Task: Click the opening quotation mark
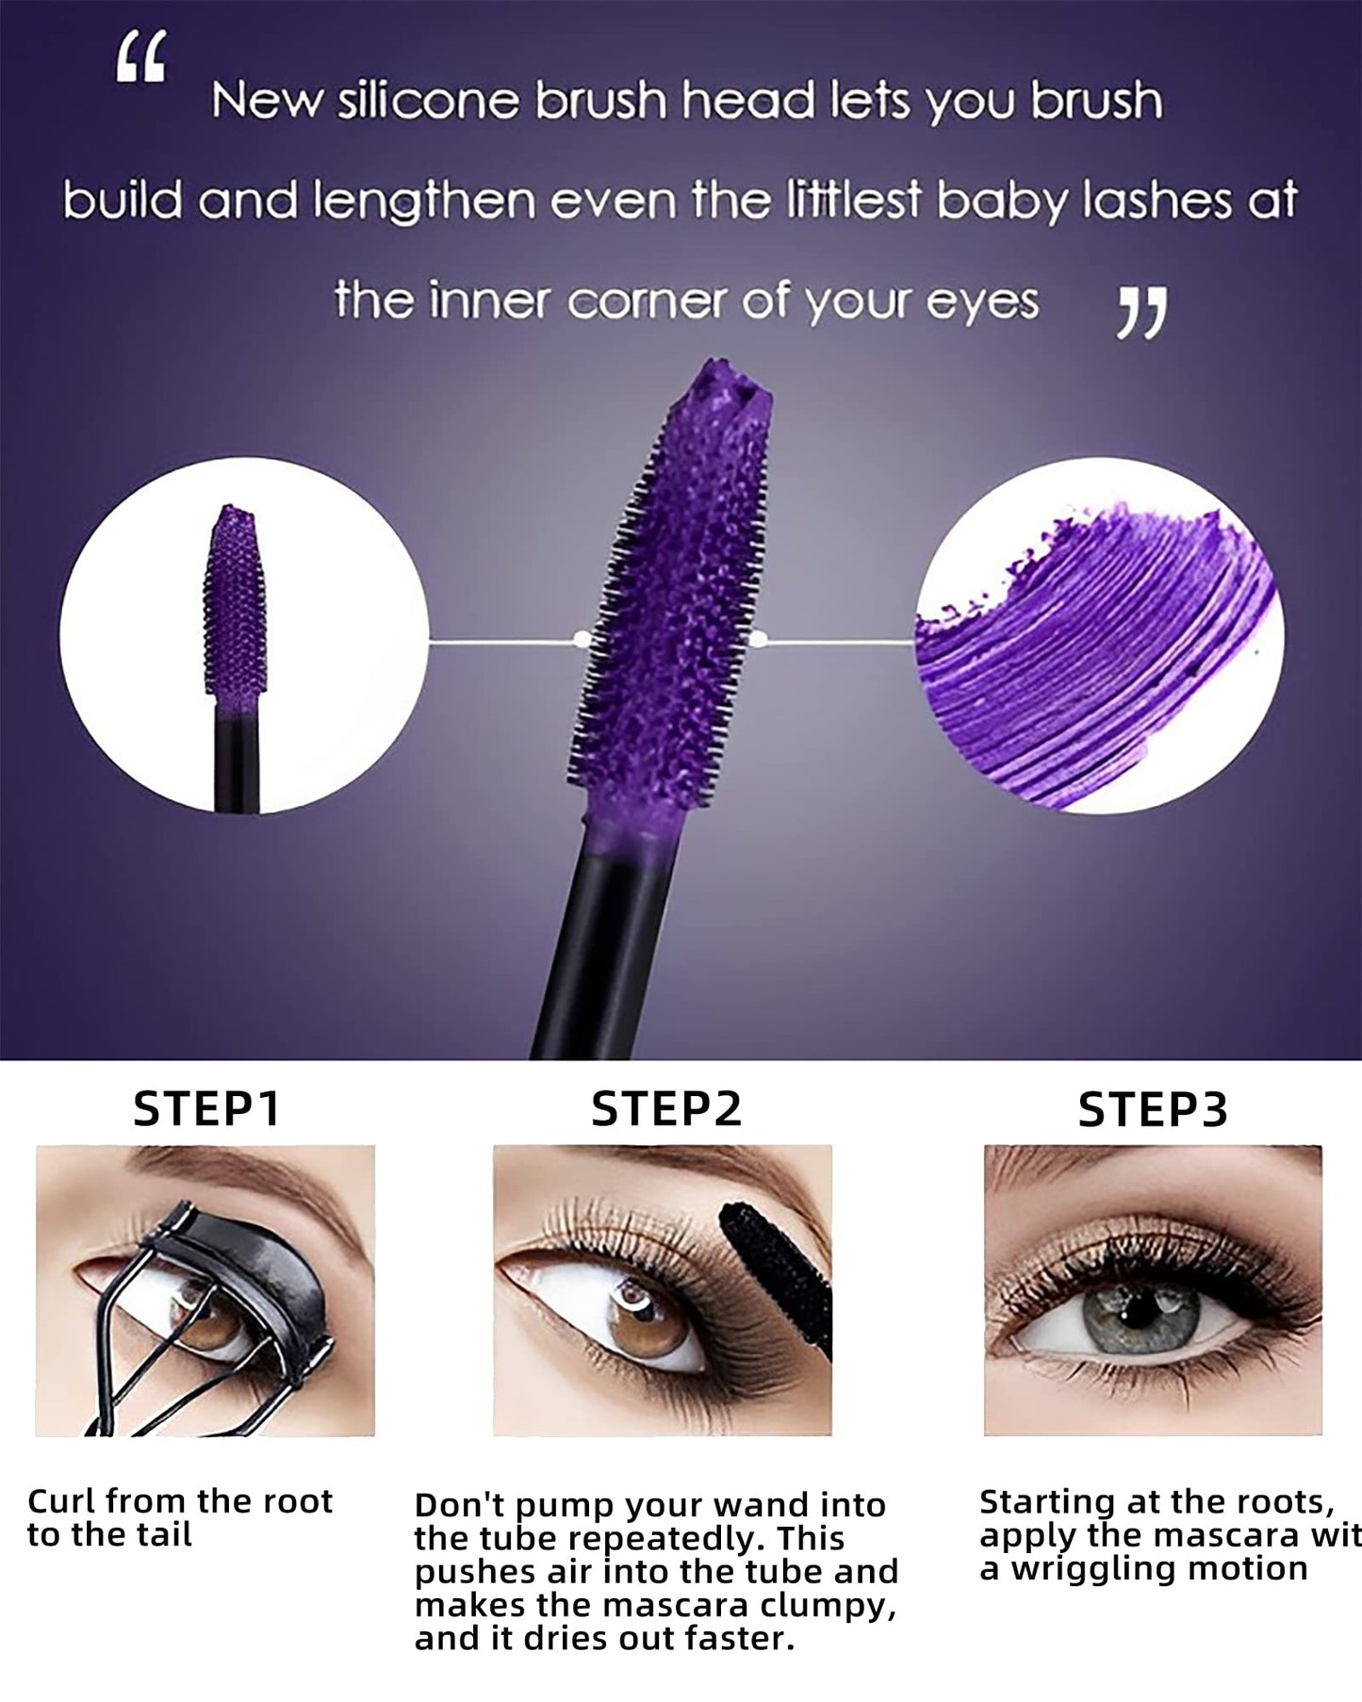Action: (140, 59)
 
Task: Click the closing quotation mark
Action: (1141, 315)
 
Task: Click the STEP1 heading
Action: (206, 1109)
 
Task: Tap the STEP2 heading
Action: (666, 1109)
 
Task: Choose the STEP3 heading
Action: (1153, 1109)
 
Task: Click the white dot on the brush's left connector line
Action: (582, 640)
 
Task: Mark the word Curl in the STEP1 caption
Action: (62, 1501)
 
